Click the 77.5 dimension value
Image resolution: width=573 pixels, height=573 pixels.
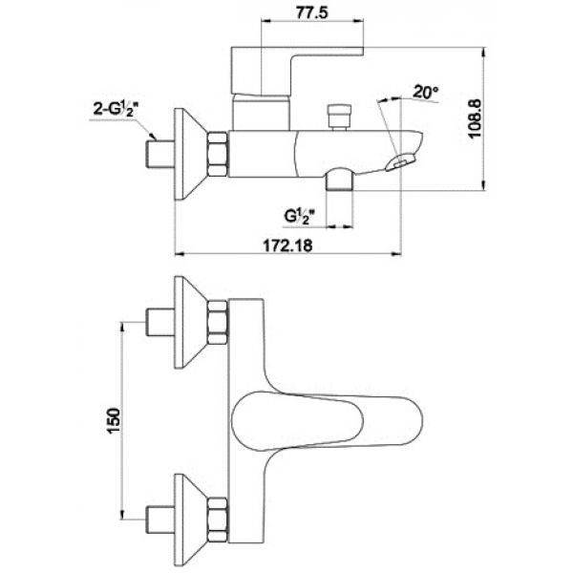tap(312, 12)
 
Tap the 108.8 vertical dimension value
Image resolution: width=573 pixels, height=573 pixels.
tap(475, 118)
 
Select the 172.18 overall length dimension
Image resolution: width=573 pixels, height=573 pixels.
tap(288, 245)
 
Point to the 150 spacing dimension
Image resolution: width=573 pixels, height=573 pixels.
tap(113, 420)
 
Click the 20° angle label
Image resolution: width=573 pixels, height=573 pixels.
tap(426, 92)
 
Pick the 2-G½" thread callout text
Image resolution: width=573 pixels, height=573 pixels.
tap(117, 109)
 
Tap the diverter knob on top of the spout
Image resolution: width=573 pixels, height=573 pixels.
tap(340, 117)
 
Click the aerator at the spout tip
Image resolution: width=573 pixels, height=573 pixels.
tap(400, 161)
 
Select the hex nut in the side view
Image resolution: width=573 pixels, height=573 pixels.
tap(218, 154)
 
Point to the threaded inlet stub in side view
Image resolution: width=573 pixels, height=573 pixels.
tap(160, 154)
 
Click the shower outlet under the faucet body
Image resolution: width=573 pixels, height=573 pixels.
tap(339, 180)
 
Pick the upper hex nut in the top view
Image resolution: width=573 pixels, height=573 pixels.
tap(218, 322)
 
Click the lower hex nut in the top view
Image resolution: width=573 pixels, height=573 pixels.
tap(218, 520)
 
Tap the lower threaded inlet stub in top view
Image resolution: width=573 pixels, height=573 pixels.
tap(160, 520)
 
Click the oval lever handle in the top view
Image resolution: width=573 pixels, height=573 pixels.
tap(327, 420)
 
